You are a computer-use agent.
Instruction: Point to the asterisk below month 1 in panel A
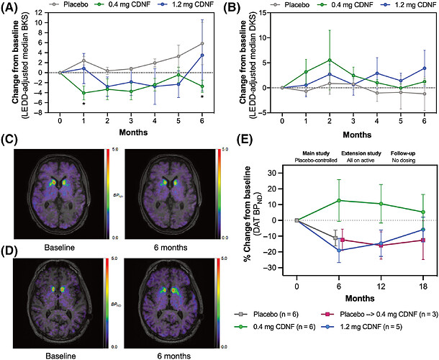pyautogui.click(x=83, y=105)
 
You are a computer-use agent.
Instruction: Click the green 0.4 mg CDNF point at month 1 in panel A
pyautogui.click(x=83, y=93)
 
